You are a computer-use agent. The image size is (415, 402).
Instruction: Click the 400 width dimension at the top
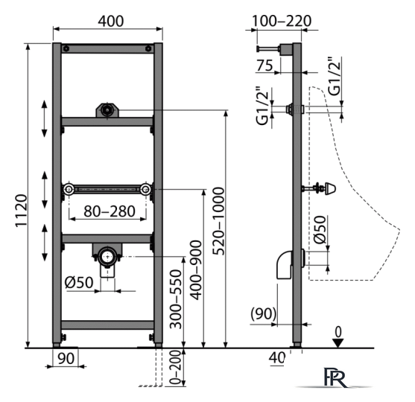tap(110, 21)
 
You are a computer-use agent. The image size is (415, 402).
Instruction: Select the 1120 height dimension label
tap(21, 210)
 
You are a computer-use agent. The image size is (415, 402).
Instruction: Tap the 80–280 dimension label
tap(110, 211)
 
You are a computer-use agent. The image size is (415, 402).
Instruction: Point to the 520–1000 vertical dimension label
tap(218, 221)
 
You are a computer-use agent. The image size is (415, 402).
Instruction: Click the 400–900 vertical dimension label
tap(197, 270)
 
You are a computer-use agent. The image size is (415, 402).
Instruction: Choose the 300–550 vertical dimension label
tap(176, 299)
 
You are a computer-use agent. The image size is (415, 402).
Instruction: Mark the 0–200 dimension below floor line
tap(175, 367)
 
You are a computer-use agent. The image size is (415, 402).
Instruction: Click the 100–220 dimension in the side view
tap(281, 21)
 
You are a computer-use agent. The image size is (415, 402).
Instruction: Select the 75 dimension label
tap(264, 66)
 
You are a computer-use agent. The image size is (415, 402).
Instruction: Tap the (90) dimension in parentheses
tap(263, 313)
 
